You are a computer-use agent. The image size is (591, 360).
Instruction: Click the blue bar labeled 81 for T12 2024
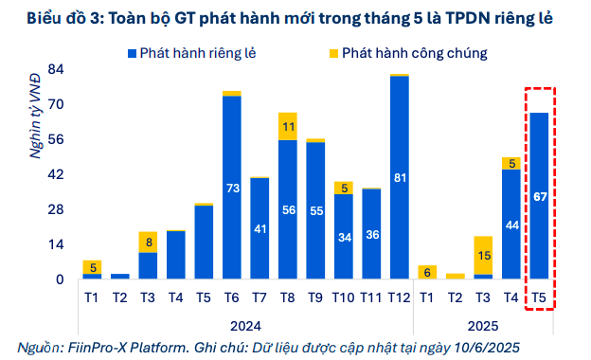(400, 177)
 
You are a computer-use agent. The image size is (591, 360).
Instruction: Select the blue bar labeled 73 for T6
(232, 188)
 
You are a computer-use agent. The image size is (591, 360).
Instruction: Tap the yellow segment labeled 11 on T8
(288, 126)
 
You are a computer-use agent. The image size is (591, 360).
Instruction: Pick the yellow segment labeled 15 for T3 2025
(483, 256)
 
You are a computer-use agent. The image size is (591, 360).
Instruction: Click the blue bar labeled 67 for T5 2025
(539, 195)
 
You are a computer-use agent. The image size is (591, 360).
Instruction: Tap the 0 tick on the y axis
(59, 279)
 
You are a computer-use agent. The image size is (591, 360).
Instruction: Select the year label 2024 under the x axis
(245, 323)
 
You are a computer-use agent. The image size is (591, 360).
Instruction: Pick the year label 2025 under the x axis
(483, 323)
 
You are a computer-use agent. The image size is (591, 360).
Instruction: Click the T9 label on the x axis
(315, 297)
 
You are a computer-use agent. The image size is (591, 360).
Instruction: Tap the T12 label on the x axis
(400, 297)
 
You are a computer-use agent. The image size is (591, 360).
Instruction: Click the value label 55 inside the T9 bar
(315, 211)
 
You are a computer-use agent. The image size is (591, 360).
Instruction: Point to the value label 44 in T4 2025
(511, 225)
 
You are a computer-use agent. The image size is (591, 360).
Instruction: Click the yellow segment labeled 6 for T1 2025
(427, 272)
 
